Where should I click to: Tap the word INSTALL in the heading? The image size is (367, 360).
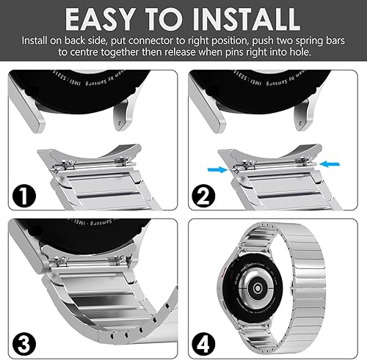point(241,18)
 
